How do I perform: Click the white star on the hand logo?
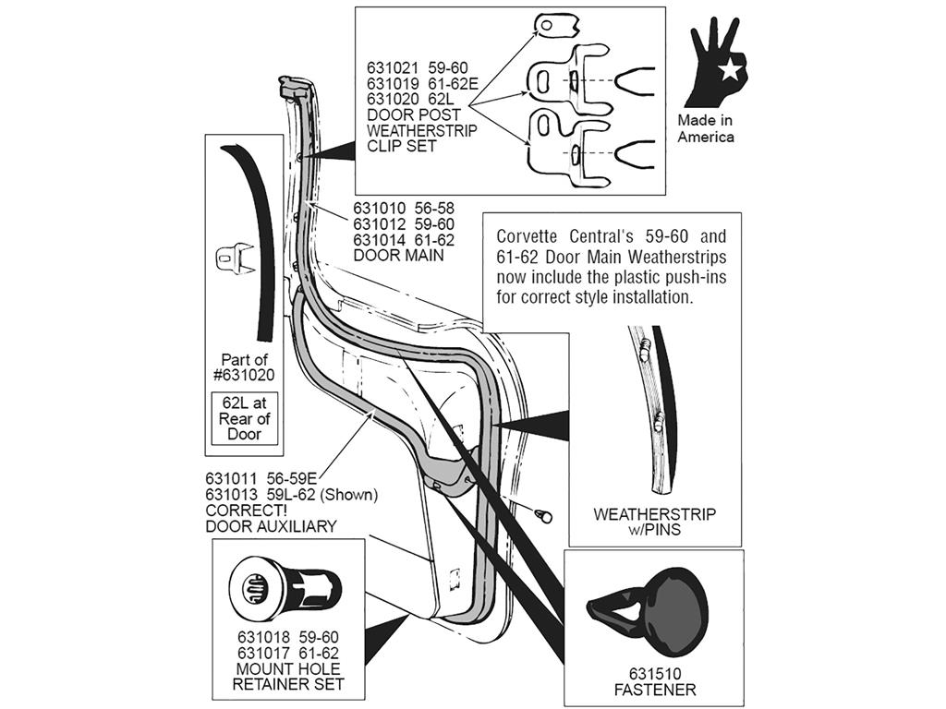(x=730, y=70)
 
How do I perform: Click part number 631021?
(x=392, y=67)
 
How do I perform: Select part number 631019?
(x=392, y=83)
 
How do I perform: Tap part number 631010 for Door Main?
(x=379, y=209)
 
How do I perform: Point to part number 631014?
(x=379, y=240)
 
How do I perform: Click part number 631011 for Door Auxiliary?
(x=231, y=479)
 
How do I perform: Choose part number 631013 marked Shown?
(x=231, y=495)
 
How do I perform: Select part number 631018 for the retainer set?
(x=263, y=637)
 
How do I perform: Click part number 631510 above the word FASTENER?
(x=655, y=674)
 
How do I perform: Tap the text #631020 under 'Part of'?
(x=244, y=375)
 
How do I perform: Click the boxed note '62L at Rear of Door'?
(x=244, y=418)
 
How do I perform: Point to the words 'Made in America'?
(x=705, y=128)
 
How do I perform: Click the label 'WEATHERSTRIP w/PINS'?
(x=655, y=523)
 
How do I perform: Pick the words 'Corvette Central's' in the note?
(x=552, y=235)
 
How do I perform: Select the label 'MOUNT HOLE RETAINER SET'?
(x=288, y=677)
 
